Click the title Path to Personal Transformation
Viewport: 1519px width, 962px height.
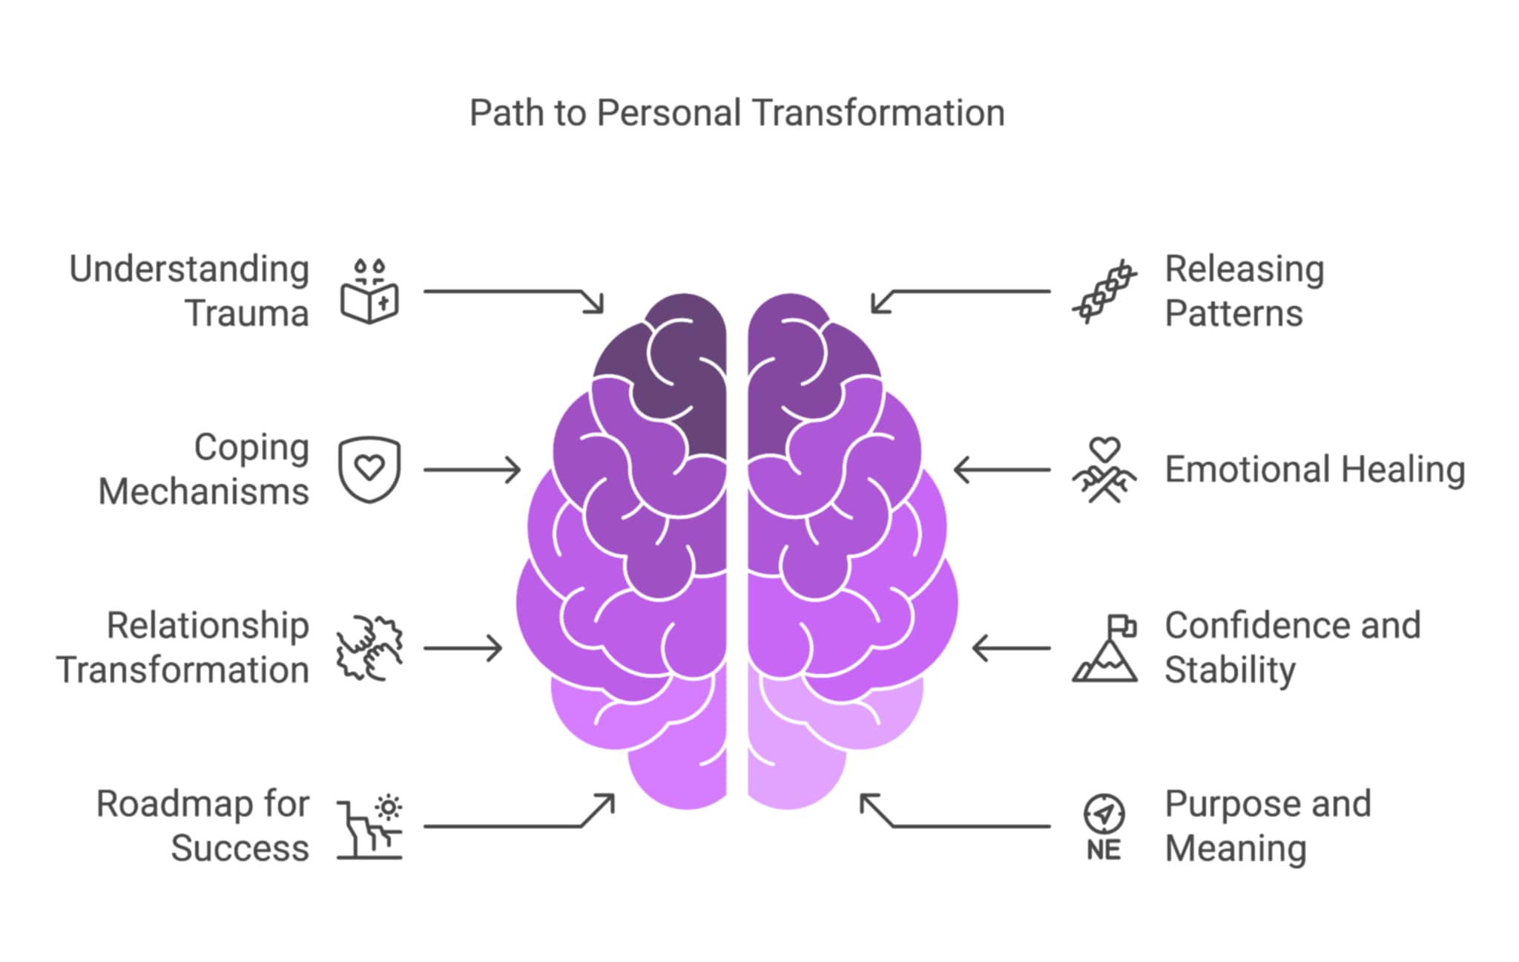pos(737,114)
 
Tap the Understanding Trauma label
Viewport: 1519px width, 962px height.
pos(189,291)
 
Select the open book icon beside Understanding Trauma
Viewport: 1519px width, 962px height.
pos(369,292)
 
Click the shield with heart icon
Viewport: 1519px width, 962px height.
pos(369,469)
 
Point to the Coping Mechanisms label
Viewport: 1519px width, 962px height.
pos(204,469)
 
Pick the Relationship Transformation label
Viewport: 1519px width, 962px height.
pos(182,647)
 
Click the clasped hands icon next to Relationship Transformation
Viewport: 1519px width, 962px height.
pos(369,647)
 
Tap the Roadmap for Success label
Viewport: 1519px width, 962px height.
pos(202,825)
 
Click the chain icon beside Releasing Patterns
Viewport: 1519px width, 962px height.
pos(1104,292)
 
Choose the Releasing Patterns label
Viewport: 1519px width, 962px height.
pos(1245,291)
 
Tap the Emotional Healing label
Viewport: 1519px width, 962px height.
pos(1315,470)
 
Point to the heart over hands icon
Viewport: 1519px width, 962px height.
pos(1104,470)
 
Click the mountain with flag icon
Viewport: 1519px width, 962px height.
pos(1104,648)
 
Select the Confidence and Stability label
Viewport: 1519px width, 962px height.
pos(1293,647)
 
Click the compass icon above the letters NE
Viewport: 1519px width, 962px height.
pos(1104,814)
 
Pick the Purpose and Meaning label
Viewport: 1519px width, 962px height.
pos(1268,825)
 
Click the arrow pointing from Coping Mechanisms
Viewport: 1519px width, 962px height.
pos(472,470)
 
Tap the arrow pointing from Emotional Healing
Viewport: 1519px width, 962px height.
pos(1002,470)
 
